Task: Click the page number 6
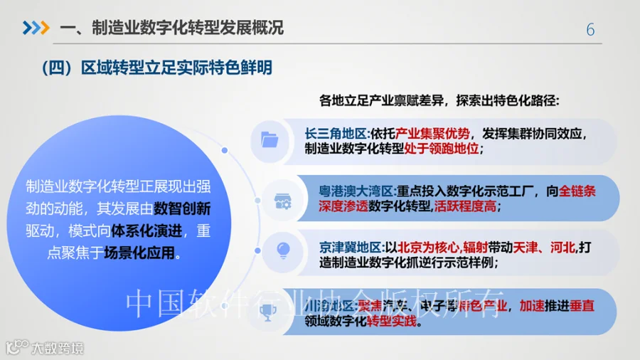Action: tap(590, 29)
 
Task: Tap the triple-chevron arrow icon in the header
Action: tap(36, 28)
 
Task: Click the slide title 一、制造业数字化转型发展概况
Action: tap(171, 28)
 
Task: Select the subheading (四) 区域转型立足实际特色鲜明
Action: tap(157, 68)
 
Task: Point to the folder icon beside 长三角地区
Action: tap(270, 139)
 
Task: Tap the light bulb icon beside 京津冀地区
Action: tap(283, 250)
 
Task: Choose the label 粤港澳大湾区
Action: tap(352, 191)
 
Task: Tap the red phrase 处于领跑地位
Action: tap(444, 149)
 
